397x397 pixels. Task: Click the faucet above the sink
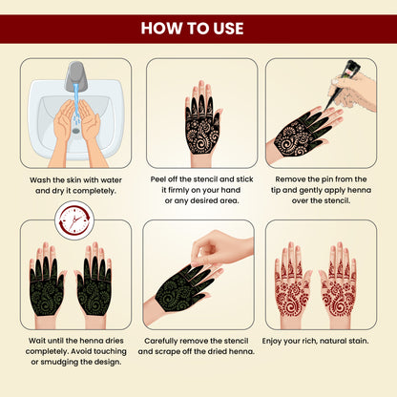click(x=73, y=74)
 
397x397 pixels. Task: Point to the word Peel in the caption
click(x=159, y=178)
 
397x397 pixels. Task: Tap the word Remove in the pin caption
click(x=286, y=178)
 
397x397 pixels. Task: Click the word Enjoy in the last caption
click(x=275, y=339)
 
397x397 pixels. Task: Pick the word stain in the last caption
click(x=356, y=339)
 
